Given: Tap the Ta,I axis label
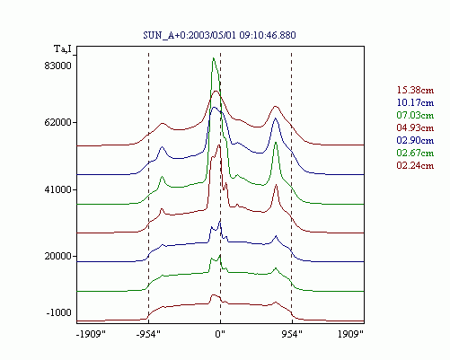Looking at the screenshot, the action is (63, 48).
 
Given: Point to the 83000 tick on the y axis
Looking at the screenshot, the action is (58, 66).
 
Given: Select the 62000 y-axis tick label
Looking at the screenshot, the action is (58, 122).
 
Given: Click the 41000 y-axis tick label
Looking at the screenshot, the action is (58, 189).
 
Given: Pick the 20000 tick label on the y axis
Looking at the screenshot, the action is (58, 256).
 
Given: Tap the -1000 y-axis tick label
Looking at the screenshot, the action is (59, 312).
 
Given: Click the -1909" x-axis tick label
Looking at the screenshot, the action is (91, 334).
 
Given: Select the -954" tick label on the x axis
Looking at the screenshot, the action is (148, 334).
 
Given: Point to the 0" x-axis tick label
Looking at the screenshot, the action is (220, 334).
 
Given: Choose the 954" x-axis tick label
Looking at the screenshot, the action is (292, 334).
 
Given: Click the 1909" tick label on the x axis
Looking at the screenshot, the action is (350, 334).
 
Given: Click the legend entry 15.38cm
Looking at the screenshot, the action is (415, 90).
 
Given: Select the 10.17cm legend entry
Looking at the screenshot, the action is (415, 102).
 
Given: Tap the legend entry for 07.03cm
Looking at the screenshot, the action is (415, 115).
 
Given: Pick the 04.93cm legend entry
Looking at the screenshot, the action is (415, 127).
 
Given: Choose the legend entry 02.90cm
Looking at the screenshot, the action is (415, 140).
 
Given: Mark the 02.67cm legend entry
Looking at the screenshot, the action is (415, 153).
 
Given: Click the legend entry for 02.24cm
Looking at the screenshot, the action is (415, 165).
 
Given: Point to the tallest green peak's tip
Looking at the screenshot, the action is (213, 57).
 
